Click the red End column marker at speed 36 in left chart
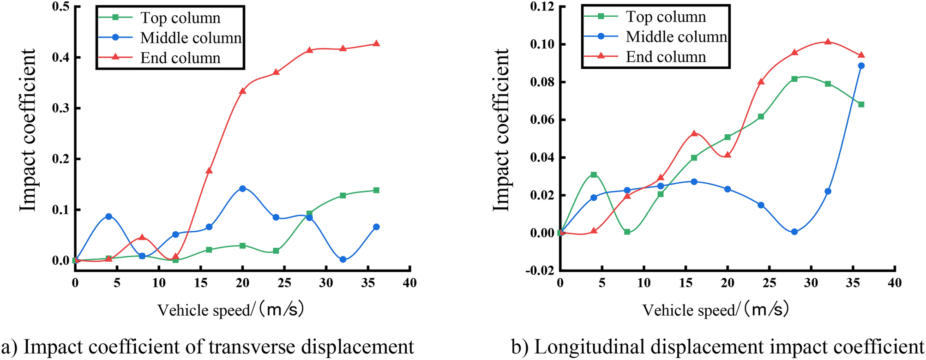(x=376, y=44)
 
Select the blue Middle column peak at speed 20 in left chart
(x=242, y=188)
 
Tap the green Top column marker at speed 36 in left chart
(x=376, y=190)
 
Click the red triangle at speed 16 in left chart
(x=209, y=171)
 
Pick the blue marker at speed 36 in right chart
(x=861, y=66)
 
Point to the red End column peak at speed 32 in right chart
(x=828, y=42)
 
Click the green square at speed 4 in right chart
(x=594, y=174)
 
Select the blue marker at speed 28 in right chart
(x=794, y=232)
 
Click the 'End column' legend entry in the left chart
(x=180, y=58)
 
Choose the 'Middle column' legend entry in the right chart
(x=676, y=36)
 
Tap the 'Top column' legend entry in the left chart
(x=180, y=18)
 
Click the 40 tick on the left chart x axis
(x=409, y=283)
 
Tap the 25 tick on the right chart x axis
(x=769, y=283)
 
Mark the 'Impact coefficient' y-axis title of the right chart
(x=501, y=130)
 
